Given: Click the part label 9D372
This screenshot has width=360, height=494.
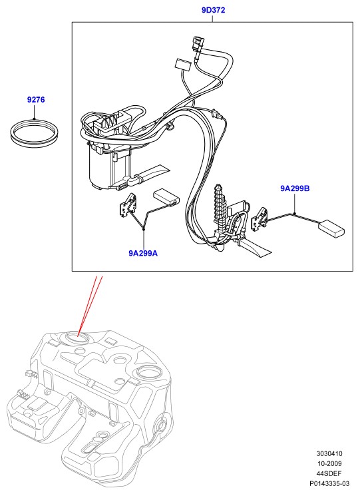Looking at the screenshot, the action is coord(213,10).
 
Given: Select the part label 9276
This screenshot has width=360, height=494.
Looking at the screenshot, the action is coord(36,100).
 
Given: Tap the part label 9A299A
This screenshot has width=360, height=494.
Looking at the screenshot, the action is coord(143,253).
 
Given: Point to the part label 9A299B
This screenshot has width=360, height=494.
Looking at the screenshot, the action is coord(295,188).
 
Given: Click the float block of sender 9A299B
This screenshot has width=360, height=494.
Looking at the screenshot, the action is coord(331,228).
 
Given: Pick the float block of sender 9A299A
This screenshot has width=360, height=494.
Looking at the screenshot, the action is coord(166,197).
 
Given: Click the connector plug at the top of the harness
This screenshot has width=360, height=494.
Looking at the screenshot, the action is coord(196,46).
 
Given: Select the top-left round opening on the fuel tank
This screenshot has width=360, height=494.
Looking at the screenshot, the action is coord(77,338).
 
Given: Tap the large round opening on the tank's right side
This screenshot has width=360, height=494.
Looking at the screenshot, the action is coord(148,373).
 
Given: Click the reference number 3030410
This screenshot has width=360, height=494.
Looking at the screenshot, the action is coord(329,453).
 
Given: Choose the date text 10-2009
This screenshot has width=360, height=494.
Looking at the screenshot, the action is coord(329,463).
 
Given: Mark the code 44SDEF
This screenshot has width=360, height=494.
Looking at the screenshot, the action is coord(329,473).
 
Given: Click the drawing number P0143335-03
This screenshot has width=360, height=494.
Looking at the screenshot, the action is coord(329,483).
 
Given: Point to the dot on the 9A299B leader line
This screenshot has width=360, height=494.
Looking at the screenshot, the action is coord(295,214).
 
